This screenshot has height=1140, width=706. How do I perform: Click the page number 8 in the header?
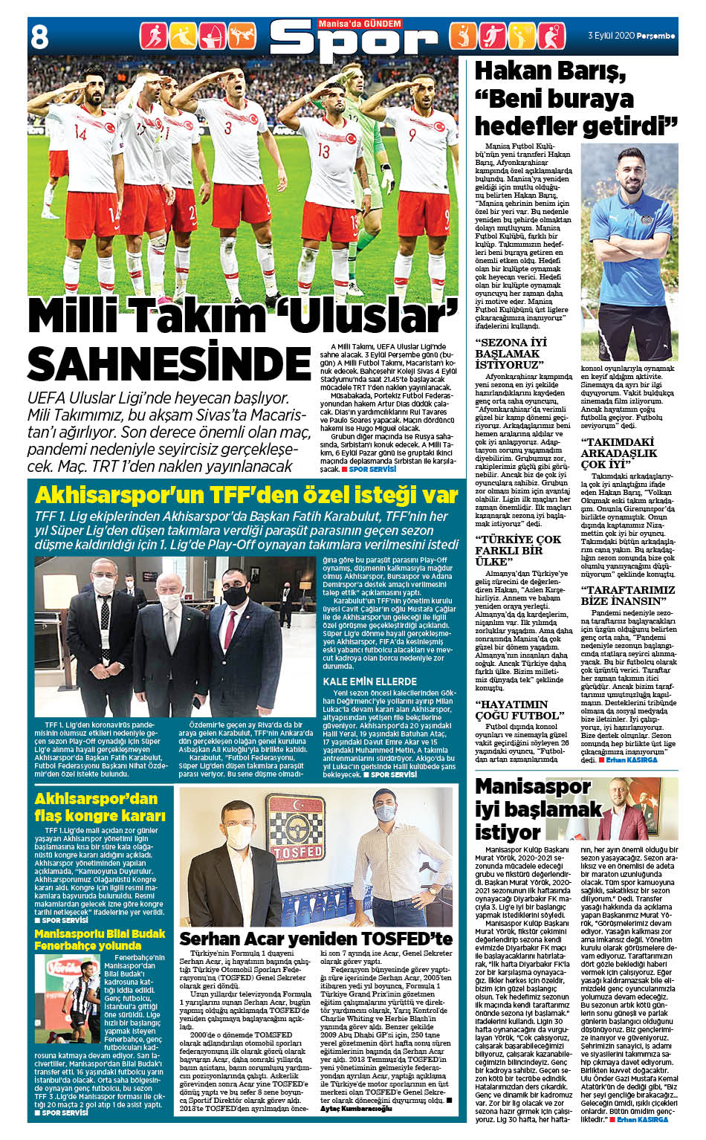[39, 36]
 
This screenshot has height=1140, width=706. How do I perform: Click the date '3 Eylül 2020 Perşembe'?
[631, 35]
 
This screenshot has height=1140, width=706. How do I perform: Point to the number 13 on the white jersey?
[323, 149]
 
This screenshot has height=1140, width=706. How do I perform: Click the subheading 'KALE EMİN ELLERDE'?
[369, 681]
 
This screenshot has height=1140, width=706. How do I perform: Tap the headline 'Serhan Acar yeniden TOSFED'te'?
[316, 939]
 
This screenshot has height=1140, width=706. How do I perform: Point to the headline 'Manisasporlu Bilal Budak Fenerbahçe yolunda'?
[100, 939]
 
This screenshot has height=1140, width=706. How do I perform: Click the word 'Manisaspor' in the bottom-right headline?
[533, 786]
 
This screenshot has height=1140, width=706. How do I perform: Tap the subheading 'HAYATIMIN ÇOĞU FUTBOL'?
[519, 710]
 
